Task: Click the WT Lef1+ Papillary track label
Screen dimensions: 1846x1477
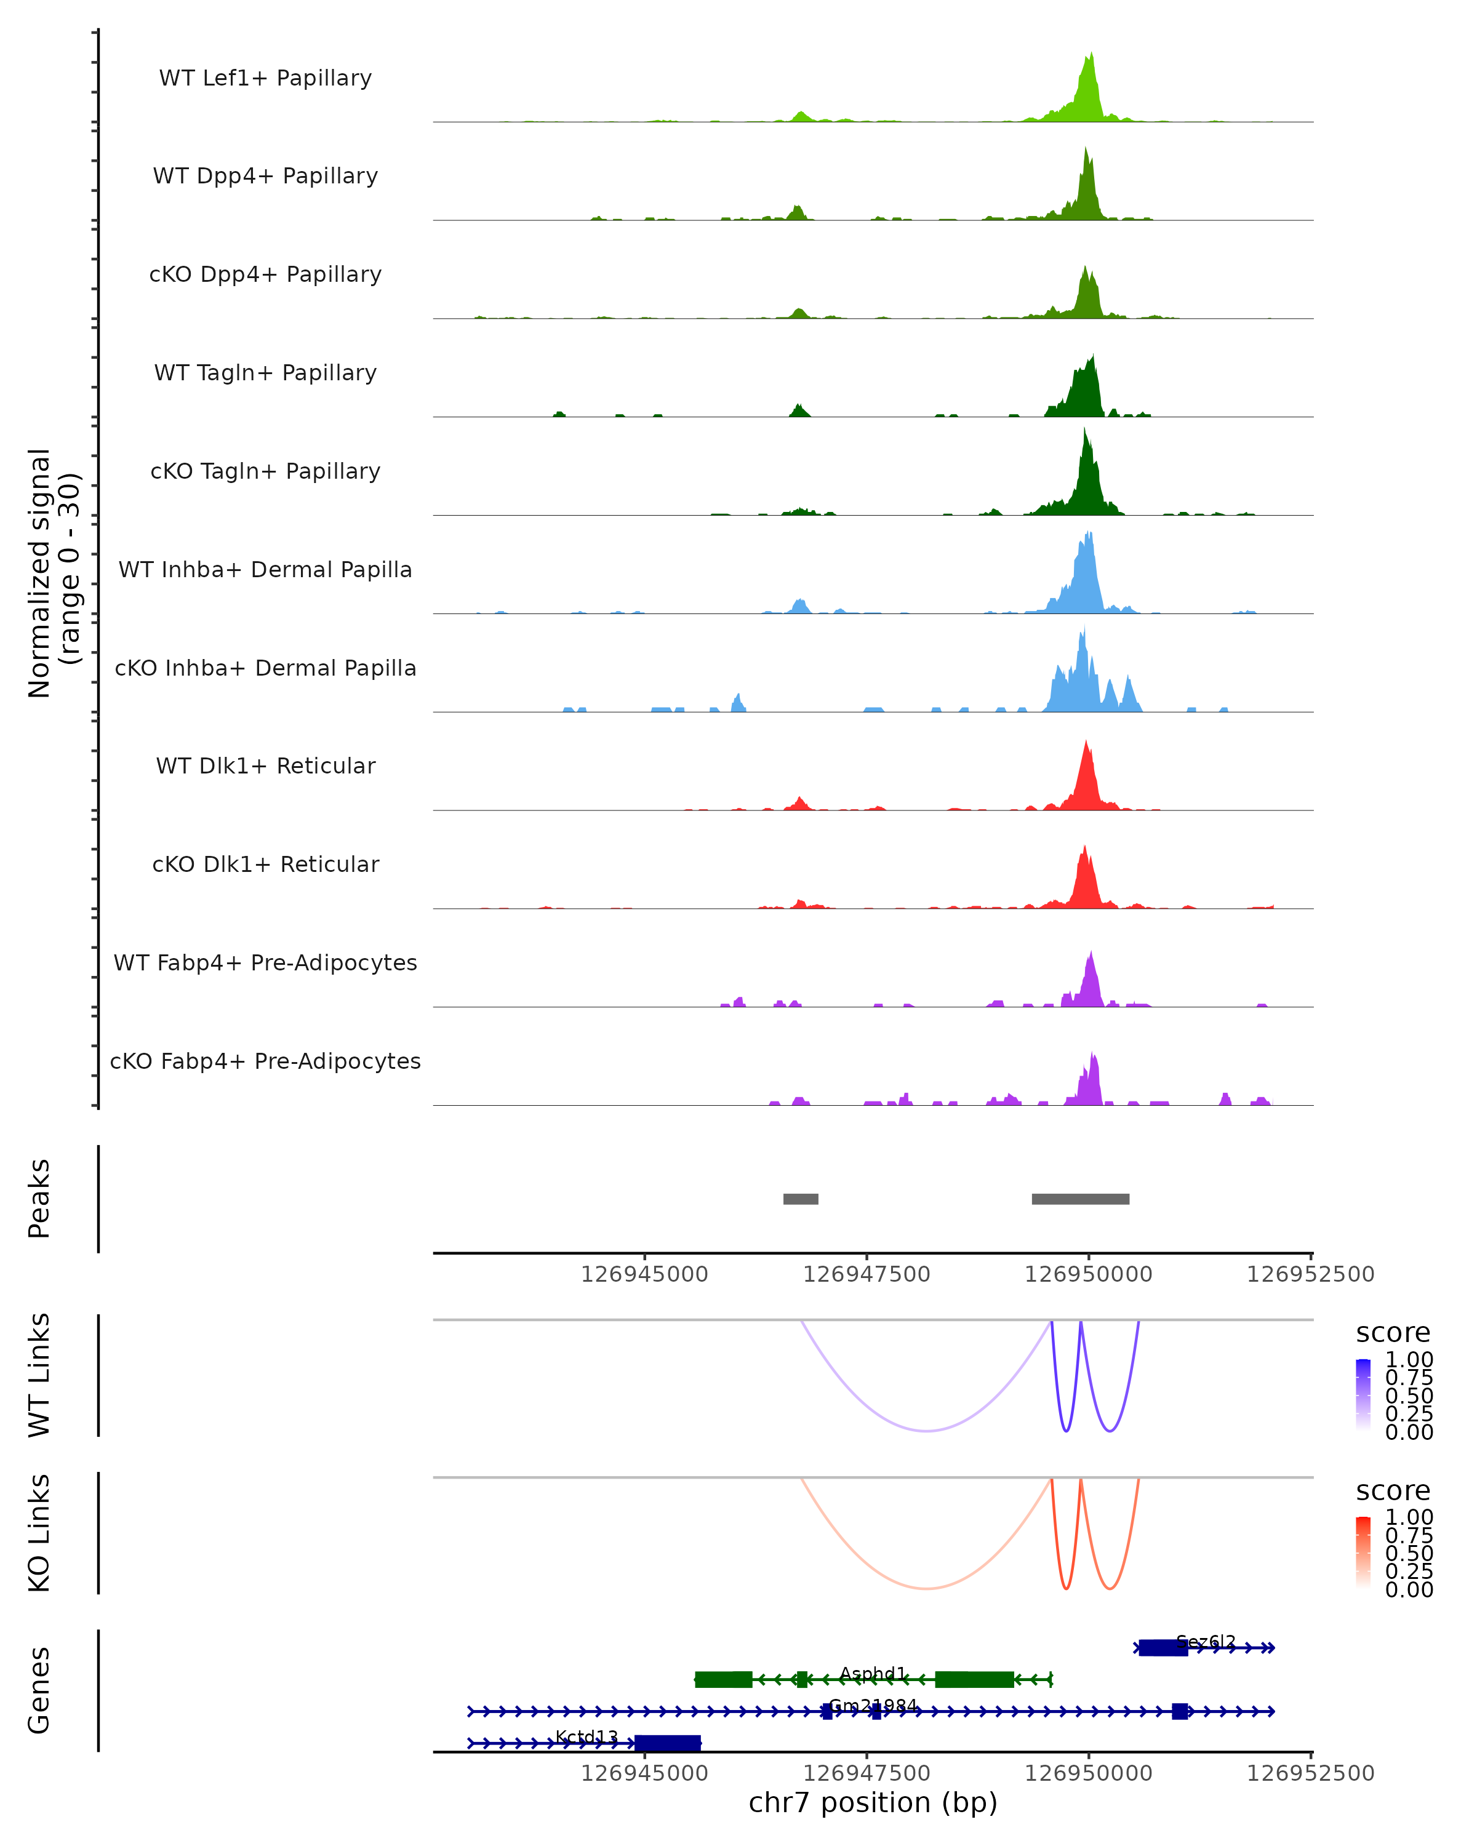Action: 265,78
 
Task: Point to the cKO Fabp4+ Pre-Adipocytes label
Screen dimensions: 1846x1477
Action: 265,1061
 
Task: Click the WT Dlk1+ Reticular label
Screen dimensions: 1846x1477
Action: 265,765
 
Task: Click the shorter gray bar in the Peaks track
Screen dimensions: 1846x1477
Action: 801,1199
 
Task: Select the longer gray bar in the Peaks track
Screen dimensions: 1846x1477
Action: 1081,1199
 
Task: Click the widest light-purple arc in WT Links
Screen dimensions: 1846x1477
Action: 926,1430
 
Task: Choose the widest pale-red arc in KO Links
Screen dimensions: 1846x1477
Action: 926,1588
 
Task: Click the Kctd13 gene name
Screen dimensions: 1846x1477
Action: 586,1736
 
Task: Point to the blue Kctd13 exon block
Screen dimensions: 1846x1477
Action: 667,1743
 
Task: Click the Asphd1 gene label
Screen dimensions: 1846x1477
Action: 873,1673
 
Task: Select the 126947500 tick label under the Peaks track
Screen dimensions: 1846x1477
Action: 867,1274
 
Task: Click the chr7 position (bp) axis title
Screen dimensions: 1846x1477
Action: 873,1802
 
